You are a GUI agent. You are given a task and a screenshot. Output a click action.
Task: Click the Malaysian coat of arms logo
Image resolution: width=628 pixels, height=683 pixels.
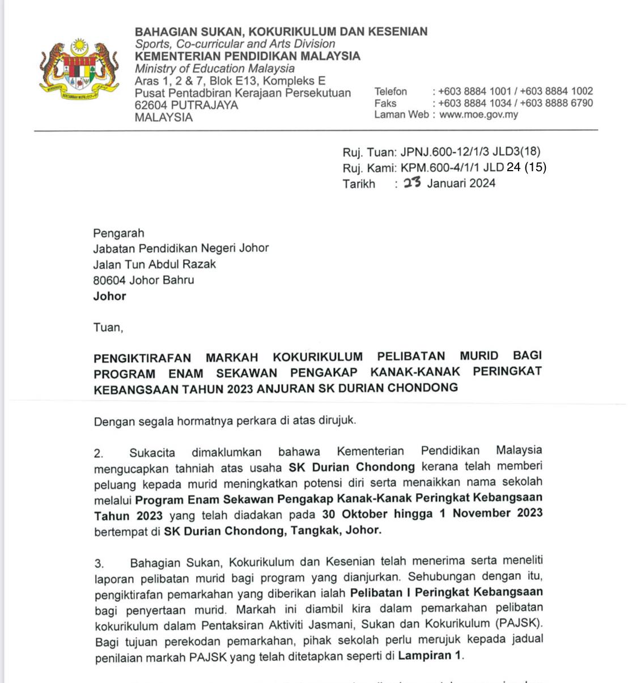(79, 68)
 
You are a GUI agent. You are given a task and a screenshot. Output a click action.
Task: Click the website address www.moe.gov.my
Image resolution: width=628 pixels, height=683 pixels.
(478, 114)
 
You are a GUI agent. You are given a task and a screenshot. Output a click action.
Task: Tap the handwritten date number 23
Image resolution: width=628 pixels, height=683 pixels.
(412, 182)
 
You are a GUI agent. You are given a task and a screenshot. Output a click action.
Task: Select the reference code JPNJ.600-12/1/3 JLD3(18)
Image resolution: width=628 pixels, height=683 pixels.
(470, 151)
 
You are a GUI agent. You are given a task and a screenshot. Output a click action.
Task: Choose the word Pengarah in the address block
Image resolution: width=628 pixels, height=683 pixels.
(118, 233)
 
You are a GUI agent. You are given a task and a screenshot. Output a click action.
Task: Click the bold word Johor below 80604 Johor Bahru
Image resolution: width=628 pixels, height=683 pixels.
(109, 296)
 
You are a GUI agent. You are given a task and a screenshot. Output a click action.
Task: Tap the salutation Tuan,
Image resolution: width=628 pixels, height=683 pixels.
(108, 327)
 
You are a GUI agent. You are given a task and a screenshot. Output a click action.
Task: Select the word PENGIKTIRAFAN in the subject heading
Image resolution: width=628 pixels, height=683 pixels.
(142, 358)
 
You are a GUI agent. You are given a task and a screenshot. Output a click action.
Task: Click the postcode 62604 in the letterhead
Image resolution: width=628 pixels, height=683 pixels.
(151, 105)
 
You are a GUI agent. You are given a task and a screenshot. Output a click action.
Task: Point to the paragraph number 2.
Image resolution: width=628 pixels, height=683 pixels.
(99, 453)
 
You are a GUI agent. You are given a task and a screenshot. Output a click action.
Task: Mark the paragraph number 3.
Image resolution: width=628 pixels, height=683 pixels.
(99, 563)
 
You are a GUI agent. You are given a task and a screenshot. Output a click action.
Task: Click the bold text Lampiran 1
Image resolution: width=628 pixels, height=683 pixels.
(430, 656)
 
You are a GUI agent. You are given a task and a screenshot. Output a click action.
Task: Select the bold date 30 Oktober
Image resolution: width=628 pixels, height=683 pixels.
(355, 514)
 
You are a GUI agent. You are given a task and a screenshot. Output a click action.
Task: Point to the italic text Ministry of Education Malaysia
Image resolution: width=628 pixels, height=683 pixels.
(214, 69)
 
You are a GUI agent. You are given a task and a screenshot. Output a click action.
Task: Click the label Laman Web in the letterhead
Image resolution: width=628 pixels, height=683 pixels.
(401, 114)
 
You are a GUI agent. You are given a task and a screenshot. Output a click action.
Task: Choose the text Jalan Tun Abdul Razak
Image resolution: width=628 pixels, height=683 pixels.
(154, 264)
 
